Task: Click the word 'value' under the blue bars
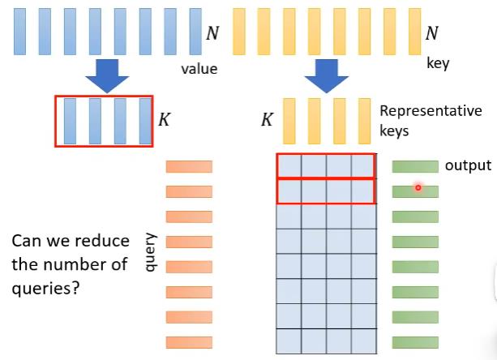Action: (x=199, y=69)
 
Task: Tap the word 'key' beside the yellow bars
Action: (x=438, y=62)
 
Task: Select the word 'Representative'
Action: (x=431, y=111)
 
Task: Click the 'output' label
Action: (x=468, y=165)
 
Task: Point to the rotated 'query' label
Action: (x=149, y=251)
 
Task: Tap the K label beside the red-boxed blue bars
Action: (x=164, y=121)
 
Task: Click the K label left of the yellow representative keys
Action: (x=266, y=121)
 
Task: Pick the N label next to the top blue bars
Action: (x=212, y=33)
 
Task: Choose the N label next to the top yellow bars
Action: (x=433, y=33)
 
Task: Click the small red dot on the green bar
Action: (x=418, y=187)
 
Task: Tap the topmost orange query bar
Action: (x=189, y=167)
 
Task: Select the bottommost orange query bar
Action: (x=189, y=342)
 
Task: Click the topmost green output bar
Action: (x=415, y=167)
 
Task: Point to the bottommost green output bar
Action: (x=415, y=342)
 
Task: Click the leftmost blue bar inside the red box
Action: (x=69, y=121)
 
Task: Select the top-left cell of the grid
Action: (x=289, y=165)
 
